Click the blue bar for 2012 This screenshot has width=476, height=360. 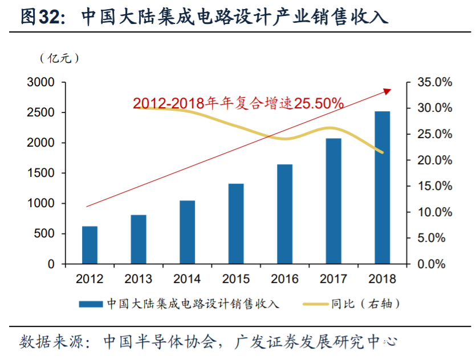(x=89, y=245)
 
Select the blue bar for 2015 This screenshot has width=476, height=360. (x=236, y=224)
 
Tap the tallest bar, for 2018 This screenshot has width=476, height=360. (x=383, y=188)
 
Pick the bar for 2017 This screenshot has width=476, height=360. (x=333, y=201)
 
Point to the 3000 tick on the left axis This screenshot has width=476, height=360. (x=41, y=83)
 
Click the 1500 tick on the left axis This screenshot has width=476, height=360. (x=41, y=173)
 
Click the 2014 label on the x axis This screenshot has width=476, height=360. (x=187, y=279)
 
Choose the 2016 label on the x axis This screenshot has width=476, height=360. (x=284, y=279)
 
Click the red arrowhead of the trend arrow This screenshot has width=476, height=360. (x=388, y=90)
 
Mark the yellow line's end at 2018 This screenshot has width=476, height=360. (x=383, y=152)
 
